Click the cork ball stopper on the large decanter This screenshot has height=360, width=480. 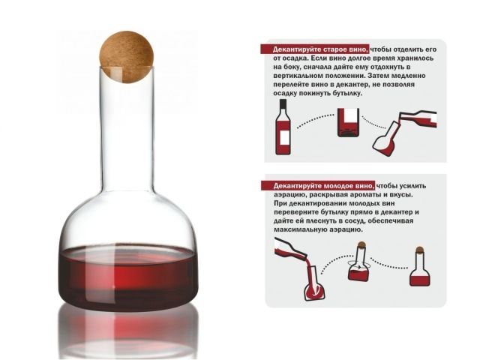pos(127,57)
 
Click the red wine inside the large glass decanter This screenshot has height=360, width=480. pos(128,277)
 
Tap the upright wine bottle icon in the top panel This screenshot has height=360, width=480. pos(283,127)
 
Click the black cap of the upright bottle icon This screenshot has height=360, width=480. pos(283,104)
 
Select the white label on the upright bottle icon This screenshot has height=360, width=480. pos(285,137)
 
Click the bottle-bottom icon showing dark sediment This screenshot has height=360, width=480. pos(348,122)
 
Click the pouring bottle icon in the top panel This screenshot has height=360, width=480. pos(418,118)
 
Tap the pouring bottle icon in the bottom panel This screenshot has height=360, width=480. pos(291,248)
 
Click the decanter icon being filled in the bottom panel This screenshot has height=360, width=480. pos(314,283)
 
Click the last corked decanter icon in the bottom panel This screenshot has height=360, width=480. pos(420,267)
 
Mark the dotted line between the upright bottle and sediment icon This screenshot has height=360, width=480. pos(315,119)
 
